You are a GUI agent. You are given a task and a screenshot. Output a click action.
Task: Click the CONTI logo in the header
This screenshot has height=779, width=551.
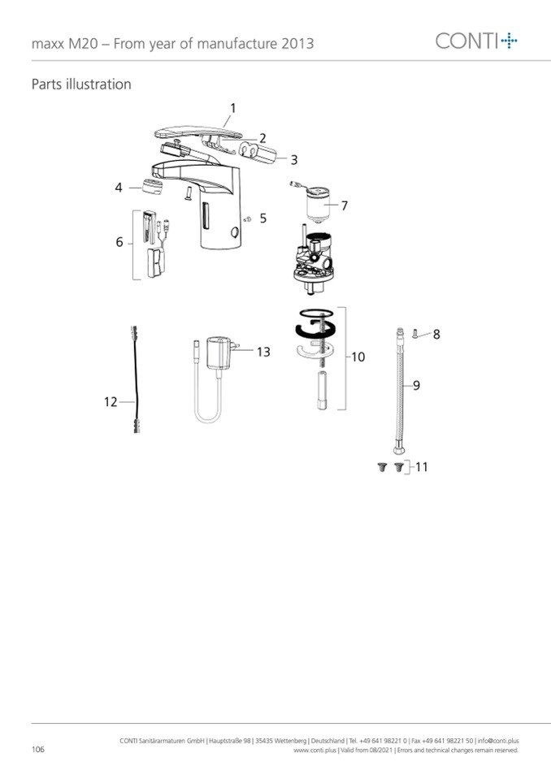[x=476, y=41]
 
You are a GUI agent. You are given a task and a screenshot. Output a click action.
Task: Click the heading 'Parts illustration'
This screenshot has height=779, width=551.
[x=81, y=84]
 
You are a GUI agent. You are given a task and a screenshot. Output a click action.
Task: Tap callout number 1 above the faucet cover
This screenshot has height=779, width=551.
[x=232, y=108]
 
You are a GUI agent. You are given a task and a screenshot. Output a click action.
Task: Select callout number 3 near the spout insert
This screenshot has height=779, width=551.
[x=294, y=160]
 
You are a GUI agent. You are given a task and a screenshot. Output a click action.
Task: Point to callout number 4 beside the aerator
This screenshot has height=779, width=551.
[x=119, y=188]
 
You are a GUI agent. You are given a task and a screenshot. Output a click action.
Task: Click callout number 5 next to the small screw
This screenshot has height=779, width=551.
[x=262, y=218]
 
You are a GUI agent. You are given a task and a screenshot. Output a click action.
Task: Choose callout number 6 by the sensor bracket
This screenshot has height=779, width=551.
[x=119, y=242]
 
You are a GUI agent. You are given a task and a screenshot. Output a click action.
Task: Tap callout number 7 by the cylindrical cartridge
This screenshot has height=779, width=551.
[x=344, y=206]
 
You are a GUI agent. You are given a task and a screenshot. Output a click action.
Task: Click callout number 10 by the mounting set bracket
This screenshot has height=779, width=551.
[x=358, y=357]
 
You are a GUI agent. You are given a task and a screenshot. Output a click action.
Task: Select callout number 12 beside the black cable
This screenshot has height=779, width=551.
[x=111, y=401]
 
